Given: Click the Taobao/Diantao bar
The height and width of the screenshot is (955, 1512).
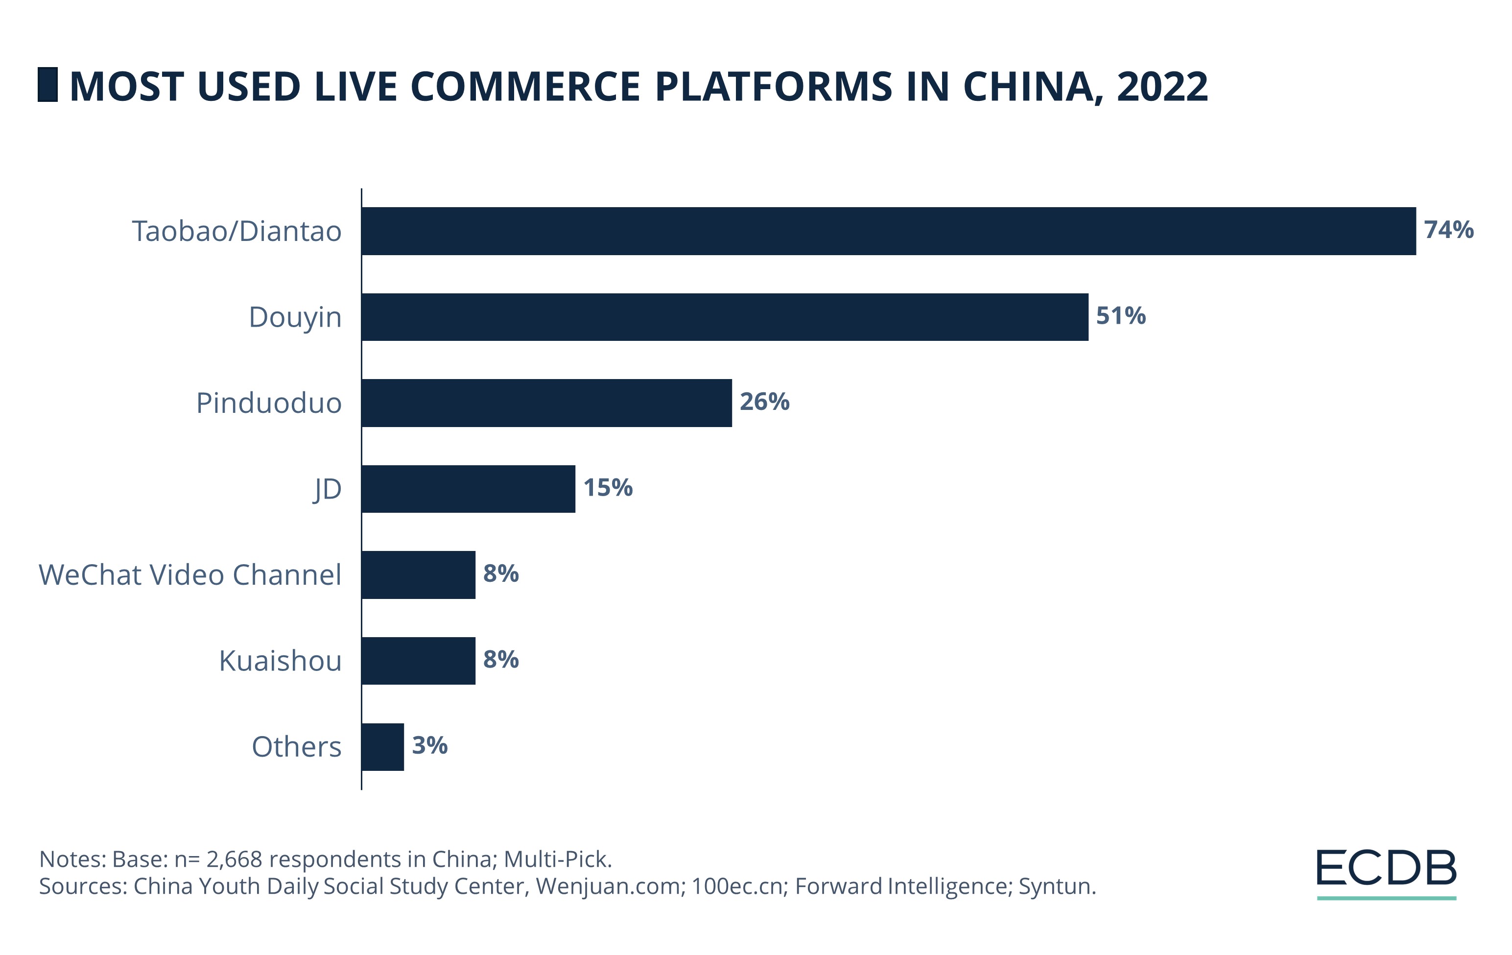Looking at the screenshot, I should tap(889, 231).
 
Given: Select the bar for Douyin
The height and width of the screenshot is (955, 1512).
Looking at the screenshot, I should tap(725, 317).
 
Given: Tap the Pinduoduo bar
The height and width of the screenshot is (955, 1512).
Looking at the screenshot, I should tap(546, 403).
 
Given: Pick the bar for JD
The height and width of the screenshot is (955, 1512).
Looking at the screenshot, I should tap(468, 489).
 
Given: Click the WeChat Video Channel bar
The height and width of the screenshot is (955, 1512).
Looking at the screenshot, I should tap(418, 574).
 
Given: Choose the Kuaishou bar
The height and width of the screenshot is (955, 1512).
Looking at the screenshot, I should tap(418, 661).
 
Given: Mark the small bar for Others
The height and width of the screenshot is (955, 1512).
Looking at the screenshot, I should tap(382, 746).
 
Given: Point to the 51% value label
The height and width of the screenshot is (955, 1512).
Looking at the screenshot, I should tap(1120, 316).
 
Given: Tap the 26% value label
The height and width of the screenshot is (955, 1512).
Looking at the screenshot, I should tap(764, 402).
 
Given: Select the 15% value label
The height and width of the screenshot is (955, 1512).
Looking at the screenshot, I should tap(607, 488).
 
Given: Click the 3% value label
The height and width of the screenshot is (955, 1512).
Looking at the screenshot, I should tap(429, 745).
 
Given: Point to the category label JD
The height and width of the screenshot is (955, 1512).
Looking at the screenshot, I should tap(327, 489).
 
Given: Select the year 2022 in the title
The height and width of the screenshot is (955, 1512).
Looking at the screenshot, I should tap(1161, 86).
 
